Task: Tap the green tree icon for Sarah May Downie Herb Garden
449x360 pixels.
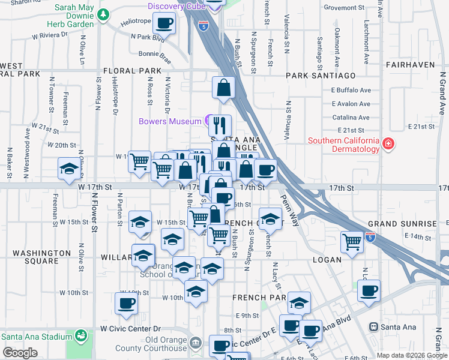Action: (x=103, y=13)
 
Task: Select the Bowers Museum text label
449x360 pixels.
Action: (x=170, y=121)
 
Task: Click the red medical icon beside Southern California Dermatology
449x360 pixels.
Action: (x=388, y=143)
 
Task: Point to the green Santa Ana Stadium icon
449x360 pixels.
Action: (x=80, y=336)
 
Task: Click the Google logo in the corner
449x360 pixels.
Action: (x=20, y=353)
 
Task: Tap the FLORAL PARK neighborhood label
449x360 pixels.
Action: (x=132, y=71)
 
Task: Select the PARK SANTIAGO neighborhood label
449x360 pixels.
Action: (x=321, y=76)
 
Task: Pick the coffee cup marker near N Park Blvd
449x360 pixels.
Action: (x=163, y=24)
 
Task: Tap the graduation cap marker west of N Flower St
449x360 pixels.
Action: (x=69, y=169)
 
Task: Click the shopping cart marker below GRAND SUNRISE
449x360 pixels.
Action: (x=352, y=242)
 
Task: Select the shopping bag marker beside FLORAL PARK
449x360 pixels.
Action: (x=223, y=88)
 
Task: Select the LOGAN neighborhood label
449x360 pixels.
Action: (x=327, y=260)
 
